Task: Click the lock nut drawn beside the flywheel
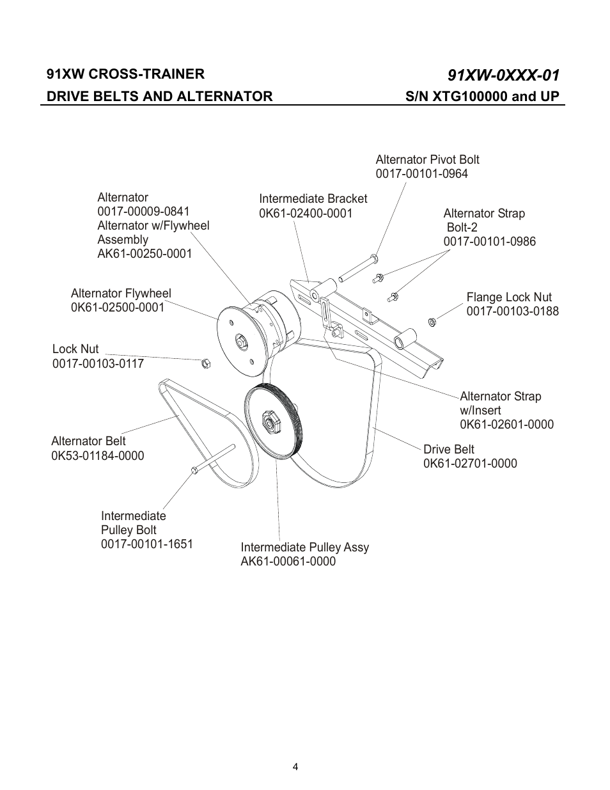point(206,363)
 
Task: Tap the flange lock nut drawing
point(432,321)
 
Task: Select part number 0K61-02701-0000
point(470,464)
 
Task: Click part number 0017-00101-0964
point(421,174)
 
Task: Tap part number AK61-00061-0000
point(288,562)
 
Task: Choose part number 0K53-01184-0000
point(97,455)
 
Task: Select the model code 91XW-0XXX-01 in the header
point(504,75)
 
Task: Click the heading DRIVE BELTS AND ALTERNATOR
point(159,96)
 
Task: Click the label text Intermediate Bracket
point(313,199)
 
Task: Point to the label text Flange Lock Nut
point(509,297)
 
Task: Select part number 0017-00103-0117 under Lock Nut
point(98,363)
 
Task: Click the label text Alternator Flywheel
point(121,294)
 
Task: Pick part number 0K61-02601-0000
point(506,425)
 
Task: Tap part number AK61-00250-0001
point(145,254)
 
